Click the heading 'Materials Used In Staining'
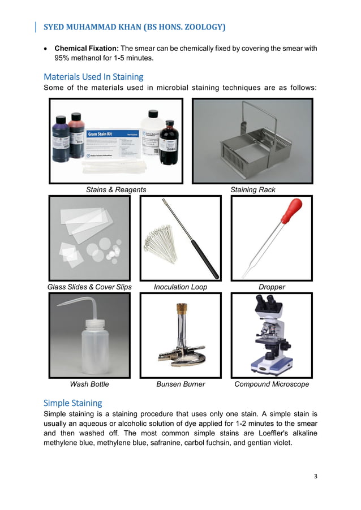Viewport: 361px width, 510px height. (x=93, y=76)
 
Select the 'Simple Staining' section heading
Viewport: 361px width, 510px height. (x=73, y=403)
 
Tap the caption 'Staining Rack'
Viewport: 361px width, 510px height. (x=253, y=190)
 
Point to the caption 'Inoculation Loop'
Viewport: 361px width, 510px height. (x=180, y=287)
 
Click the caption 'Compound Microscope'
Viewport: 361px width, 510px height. (x=272, y=384)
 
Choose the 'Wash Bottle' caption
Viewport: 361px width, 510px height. (x=89, y=384)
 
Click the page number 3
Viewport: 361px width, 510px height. (x=316, y=476)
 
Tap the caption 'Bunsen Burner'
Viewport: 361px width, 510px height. (x=180, y=384)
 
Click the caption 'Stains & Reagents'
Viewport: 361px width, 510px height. (x=116, y=190)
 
